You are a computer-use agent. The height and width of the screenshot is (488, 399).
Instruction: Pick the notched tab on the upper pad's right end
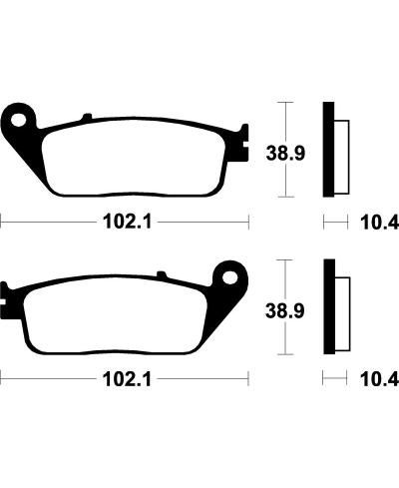tap(242, 148)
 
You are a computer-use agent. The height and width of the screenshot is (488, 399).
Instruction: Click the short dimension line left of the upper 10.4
tap(332, 222)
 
